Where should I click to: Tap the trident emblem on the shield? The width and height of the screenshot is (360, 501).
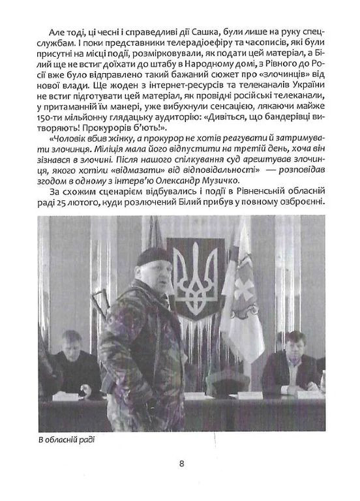[195, 281]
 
